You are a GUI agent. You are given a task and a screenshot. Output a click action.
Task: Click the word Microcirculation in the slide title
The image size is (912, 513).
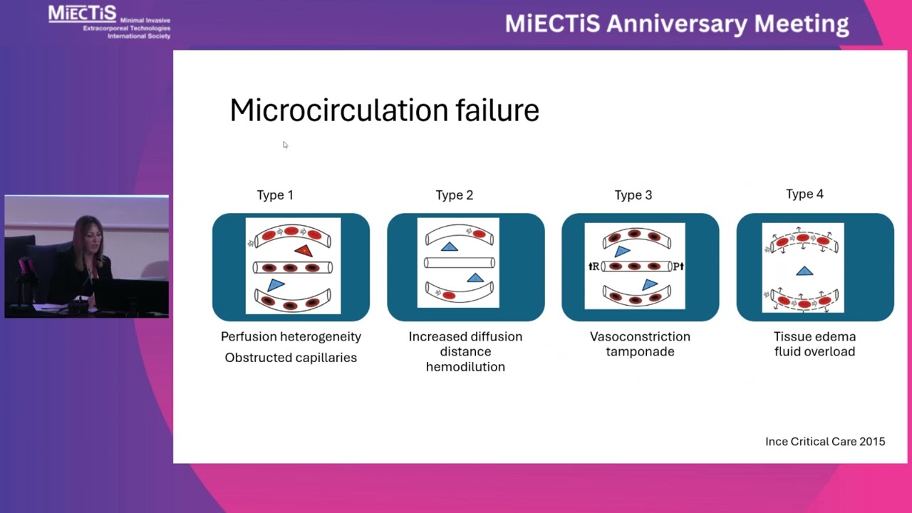click(338, 111)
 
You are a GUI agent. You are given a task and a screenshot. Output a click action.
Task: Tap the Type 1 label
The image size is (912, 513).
click(275, 195)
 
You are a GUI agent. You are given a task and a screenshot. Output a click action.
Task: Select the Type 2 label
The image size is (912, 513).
click(455, 195)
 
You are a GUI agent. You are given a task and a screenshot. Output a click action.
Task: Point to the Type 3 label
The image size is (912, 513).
click(633, 195)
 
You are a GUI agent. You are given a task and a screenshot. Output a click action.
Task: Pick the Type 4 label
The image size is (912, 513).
click(804, 195)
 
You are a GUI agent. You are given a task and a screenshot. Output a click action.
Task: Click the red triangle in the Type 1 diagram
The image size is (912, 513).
click(304, 251)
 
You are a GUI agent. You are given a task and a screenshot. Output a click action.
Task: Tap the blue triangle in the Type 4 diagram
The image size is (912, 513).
click(804, 271)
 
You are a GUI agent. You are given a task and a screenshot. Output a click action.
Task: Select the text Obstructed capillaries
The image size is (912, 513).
click(291, 358)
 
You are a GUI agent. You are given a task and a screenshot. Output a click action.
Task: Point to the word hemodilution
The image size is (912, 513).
click(465, 367)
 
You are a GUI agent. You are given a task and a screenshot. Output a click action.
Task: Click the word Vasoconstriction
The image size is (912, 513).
click(640, 337)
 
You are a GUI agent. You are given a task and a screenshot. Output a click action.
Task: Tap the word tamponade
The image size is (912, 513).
click(640, 352)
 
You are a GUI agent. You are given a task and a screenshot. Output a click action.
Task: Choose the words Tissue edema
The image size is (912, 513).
click(814, 337)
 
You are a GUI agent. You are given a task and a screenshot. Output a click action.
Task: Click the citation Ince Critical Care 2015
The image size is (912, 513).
click(825, 442)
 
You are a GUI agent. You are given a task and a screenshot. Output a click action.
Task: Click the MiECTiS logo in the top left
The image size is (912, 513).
click(83, 14)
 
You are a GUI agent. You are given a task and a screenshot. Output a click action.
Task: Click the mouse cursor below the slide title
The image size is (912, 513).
click(285, 145)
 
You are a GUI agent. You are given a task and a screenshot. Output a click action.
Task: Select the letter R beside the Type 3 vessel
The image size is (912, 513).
click(595, 267)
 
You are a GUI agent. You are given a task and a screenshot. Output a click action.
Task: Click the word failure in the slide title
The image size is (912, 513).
click(497, 111)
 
